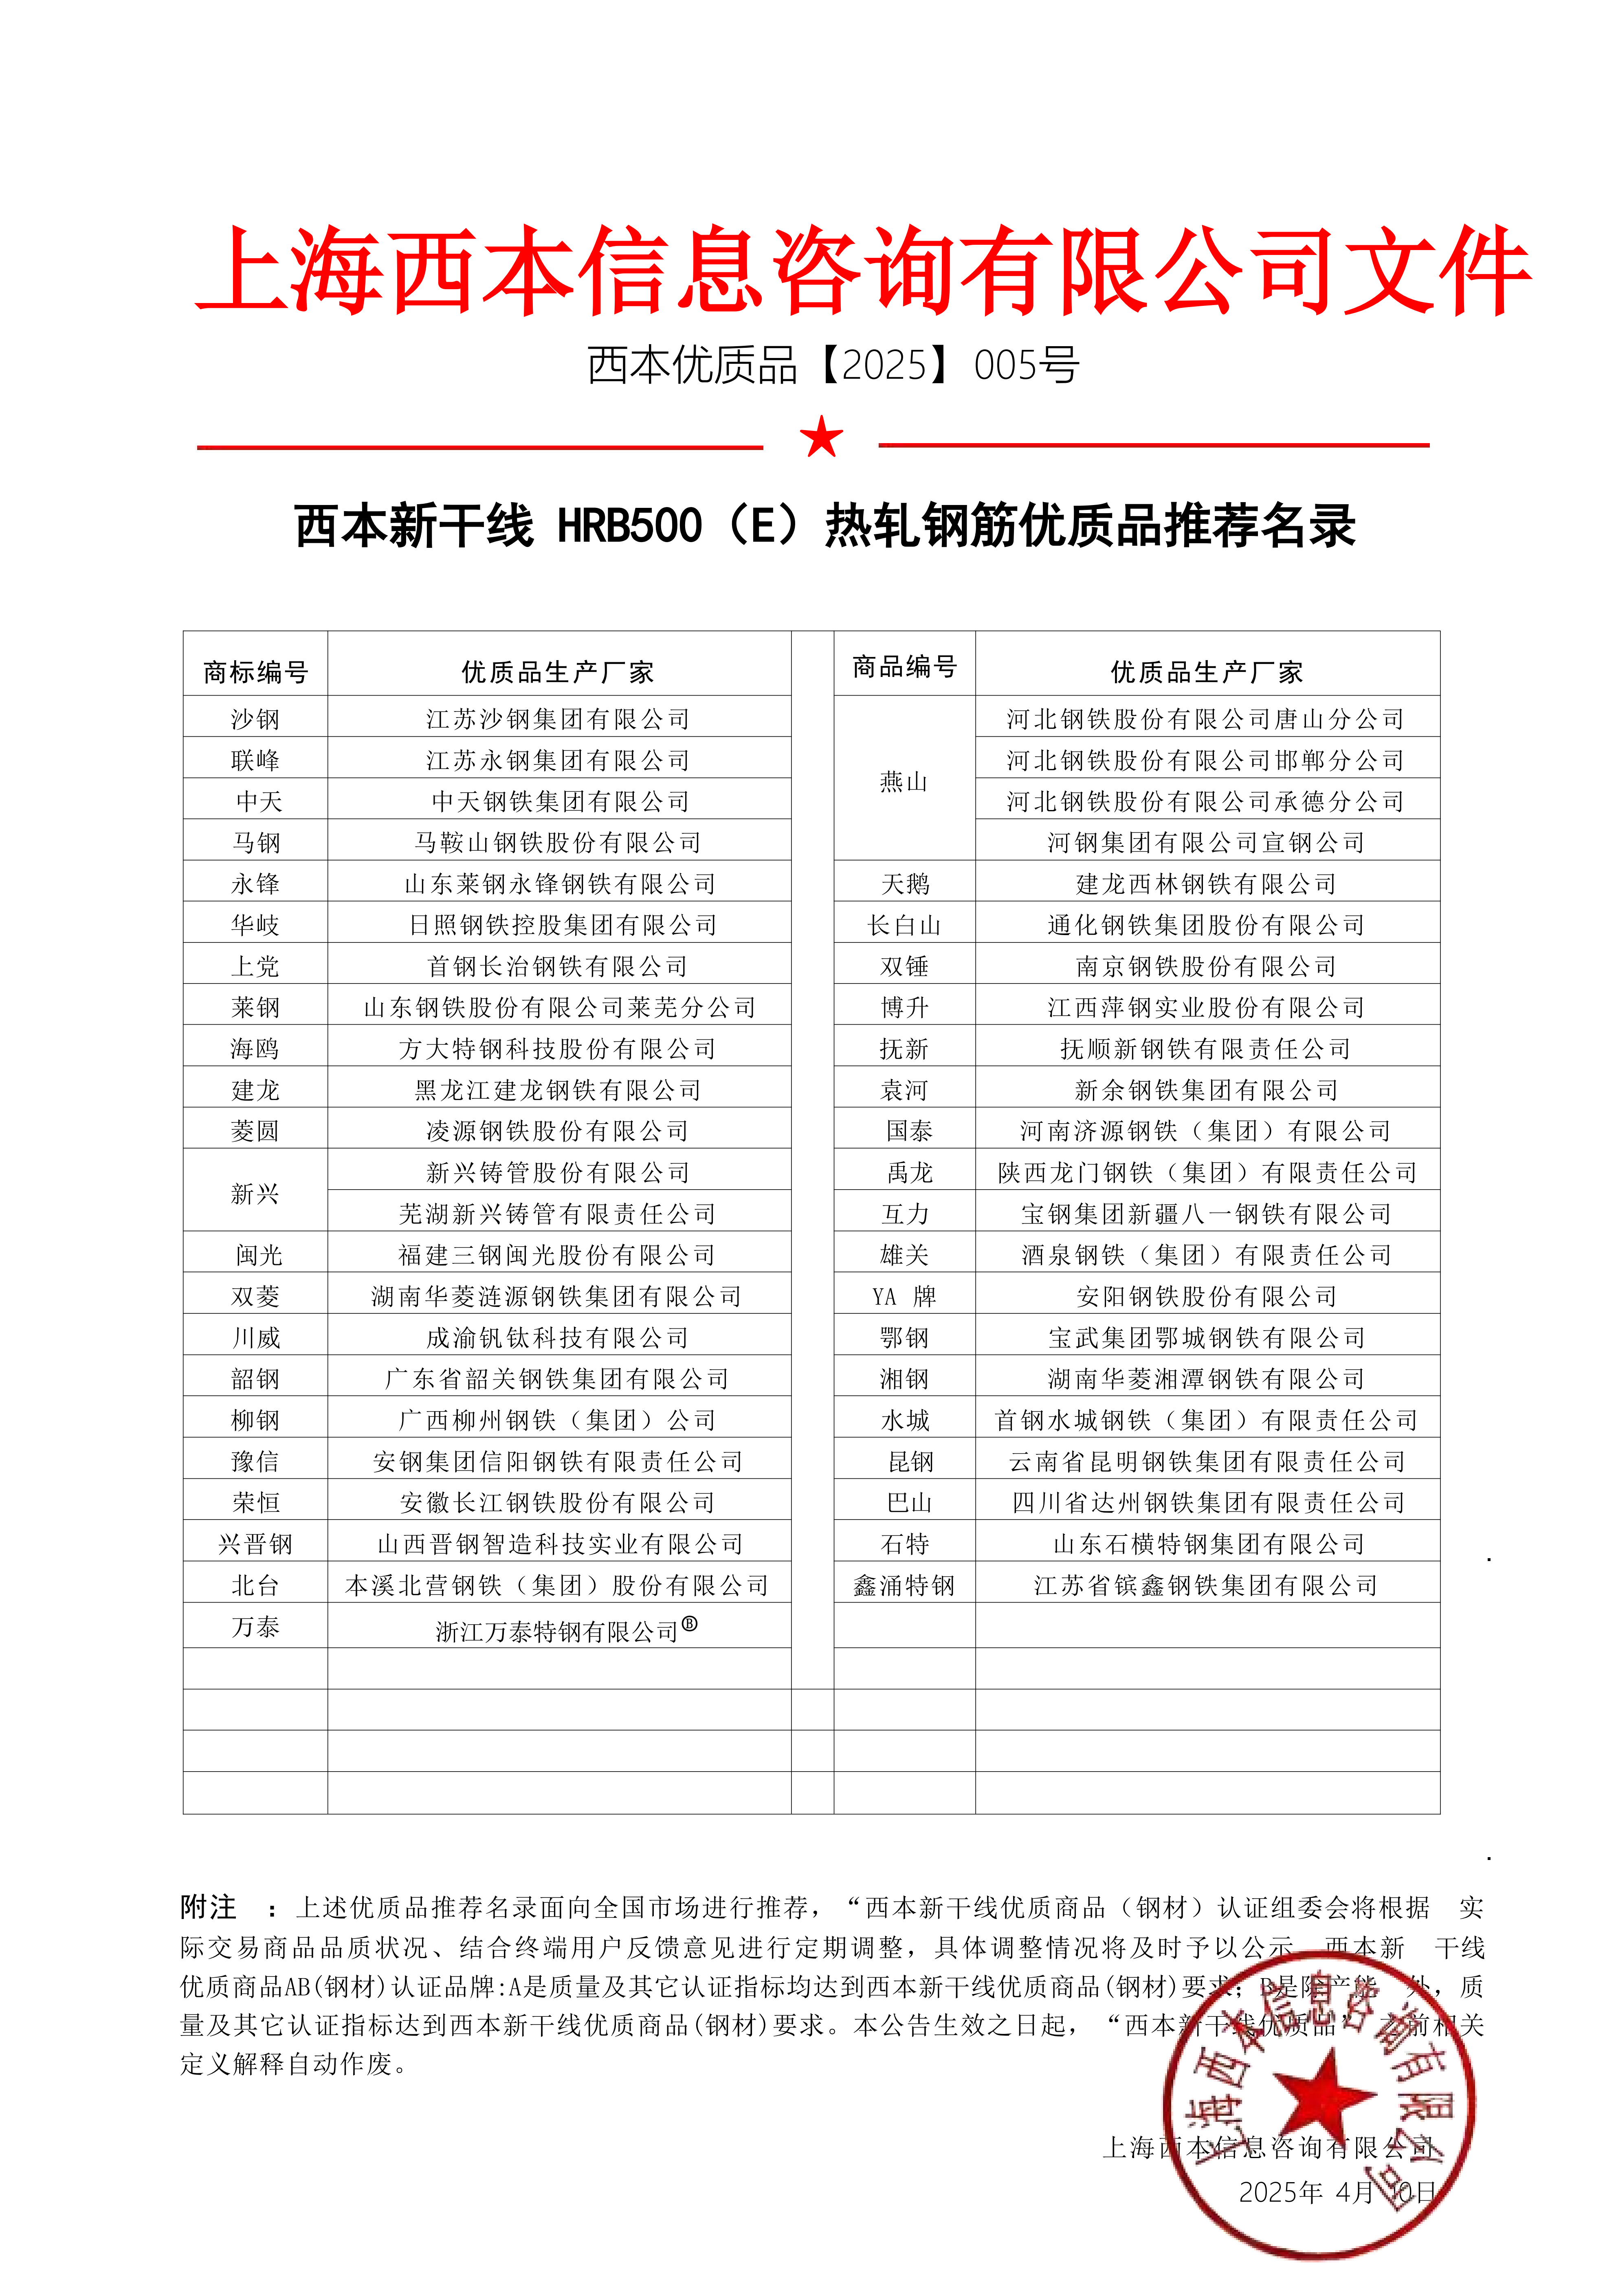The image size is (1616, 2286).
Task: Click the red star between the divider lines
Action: click(x=821, y=437)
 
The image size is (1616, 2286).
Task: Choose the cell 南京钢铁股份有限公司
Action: click(x=1206, y=966)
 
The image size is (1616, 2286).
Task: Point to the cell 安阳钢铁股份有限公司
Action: click(x=1206, y=1296)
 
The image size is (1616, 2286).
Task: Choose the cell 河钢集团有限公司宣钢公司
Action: click(x=1206, y=842)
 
